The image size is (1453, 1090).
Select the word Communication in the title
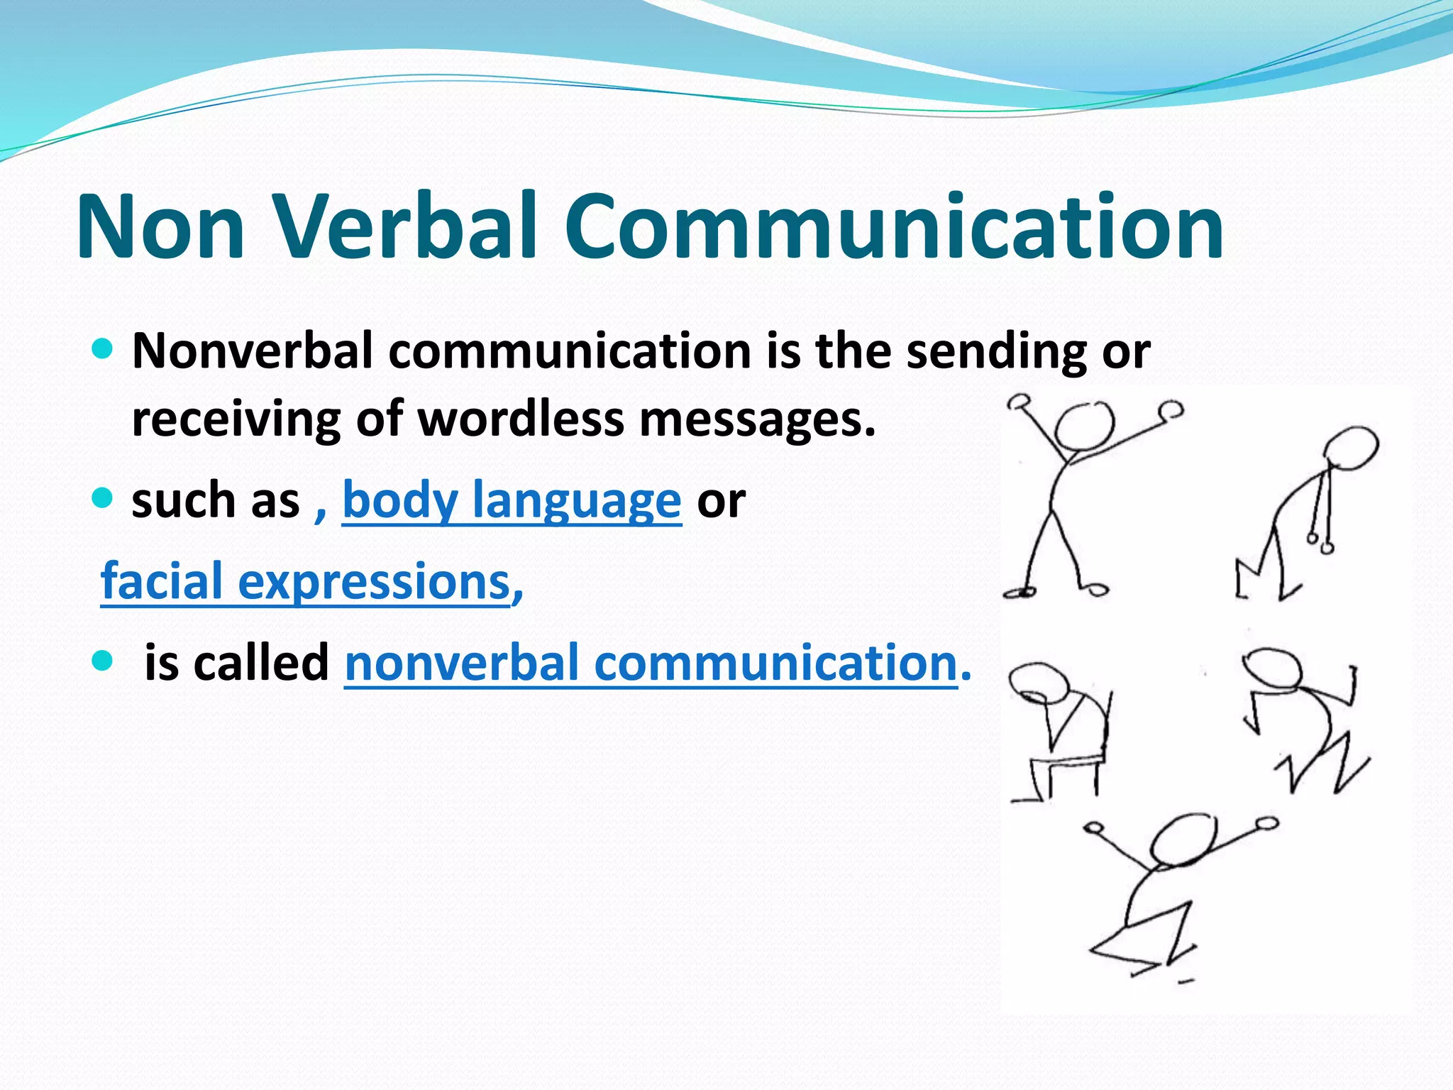point(894,227)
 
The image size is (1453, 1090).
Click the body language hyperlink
point(512,501)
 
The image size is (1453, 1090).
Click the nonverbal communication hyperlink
point(651,663)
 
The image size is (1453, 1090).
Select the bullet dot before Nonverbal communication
point(103,348)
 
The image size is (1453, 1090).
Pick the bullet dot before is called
point(103,661)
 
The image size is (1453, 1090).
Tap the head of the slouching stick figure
point(1352,448)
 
